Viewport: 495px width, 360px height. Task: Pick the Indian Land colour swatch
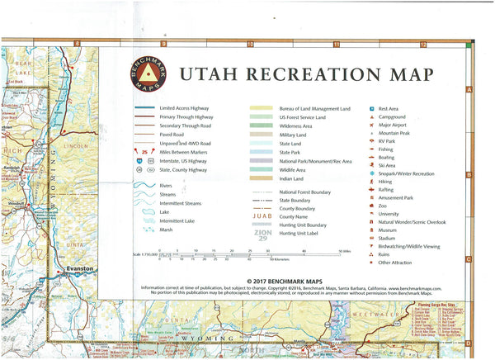point(263,178)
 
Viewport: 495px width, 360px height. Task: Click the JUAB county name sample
point(263,216)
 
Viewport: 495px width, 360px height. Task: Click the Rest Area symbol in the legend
point(371,108)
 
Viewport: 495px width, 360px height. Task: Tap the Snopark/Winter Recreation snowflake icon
point(371,174)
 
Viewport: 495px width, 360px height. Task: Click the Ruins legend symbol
point(371,254)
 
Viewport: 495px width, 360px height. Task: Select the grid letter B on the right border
point(468,174)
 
